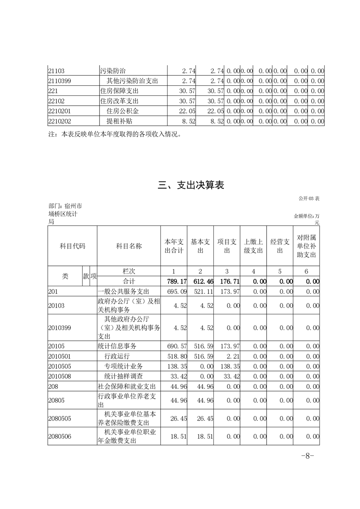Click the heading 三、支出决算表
[191, 185]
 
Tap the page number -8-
[308, 456]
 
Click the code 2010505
[59, 365]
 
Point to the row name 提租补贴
[116, 121]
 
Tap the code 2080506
[59, 436]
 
